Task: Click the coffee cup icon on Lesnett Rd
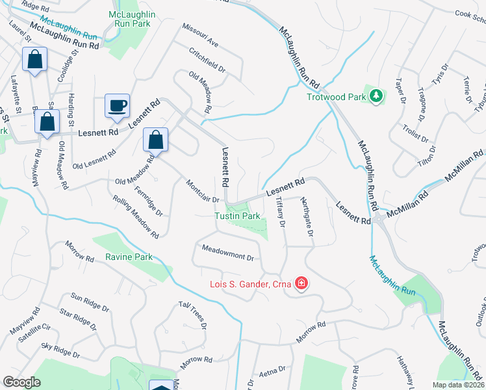(117, 106)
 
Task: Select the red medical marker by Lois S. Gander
(301, 283)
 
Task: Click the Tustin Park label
(238, 216)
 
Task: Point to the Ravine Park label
(129, 257)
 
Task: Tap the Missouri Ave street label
(200, 38)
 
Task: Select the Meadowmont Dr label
(227, 253)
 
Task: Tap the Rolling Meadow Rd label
(136, 216)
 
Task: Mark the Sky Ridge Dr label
(60, 351)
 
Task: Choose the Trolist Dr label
(416, 131)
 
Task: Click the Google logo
(22, 382)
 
